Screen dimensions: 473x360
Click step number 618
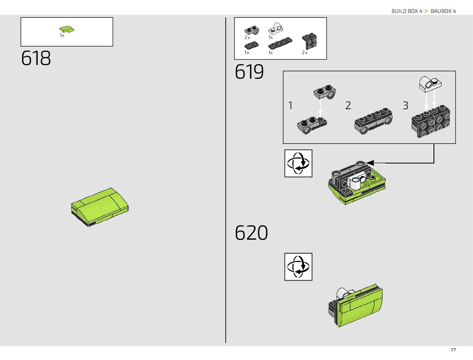(36, 58)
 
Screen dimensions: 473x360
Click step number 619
(249, 72)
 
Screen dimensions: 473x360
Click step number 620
(251, 233)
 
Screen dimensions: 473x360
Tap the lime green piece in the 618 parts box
(66, 29)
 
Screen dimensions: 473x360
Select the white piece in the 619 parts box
(275, 29)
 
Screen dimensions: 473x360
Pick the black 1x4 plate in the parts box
(280, 43)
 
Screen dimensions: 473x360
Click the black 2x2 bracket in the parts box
(309, 41)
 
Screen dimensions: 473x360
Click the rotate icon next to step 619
(298, 163)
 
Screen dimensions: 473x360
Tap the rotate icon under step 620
(298, 267)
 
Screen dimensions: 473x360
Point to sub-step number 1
(290, 105)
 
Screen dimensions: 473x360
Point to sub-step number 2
(348, 105)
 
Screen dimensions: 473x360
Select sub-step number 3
(405, 105)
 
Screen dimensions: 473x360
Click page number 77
(453, 350)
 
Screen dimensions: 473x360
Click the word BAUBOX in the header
(441, 11)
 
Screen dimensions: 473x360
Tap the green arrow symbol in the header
(426, 11)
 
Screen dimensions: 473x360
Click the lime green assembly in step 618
(100, 207)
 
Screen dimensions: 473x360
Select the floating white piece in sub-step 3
(430, 84)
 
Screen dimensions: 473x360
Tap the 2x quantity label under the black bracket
(305, 53)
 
